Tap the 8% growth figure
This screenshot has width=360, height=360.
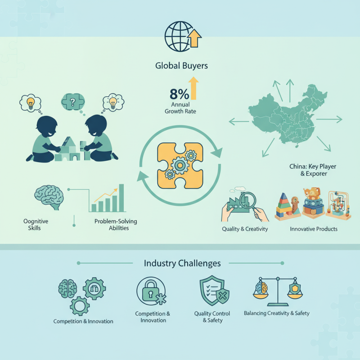pos(179,94)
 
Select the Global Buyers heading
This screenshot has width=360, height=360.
pos(181,66)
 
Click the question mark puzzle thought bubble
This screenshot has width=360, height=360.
pos(73,102)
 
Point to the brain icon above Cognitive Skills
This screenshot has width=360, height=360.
pos(49,197)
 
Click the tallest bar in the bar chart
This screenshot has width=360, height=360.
pos(121,198)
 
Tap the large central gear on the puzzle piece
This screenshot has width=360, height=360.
pos(180,165)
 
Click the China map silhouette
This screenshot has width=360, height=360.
pos(287,115)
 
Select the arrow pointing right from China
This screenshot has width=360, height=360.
pos(329,119)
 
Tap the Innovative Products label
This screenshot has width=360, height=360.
pos(314,229)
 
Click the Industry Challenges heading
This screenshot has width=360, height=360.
pos(182,263)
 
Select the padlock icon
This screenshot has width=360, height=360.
pos(150,291)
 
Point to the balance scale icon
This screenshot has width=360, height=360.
pos(278,292)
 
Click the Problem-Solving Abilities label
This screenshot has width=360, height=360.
pos(116,225)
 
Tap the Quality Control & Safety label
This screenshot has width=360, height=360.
pos(212,317)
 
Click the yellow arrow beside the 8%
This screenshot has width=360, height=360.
pos(193,88)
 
